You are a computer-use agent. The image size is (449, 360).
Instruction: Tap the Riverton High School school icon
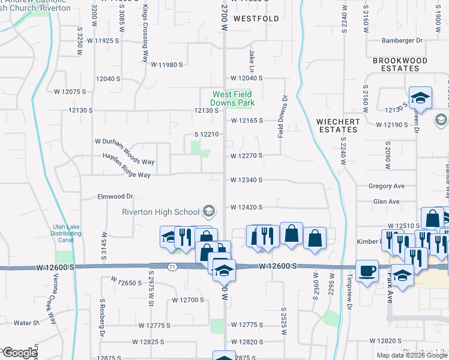pyautogui.click(x=209, y=211)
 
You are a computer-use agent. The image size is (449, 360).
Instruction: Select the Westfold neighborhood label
pyautogui.click(x=256, y=19)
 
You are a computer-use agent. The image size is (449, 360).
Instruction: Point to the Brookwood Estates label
pyautogui.click(x=400, y=64)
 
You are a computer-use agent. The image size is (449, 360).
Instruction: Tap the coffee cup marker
pyautogui.click(x=366, y=271)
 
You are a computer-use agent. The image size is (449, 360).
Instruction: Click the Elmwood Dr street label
pyautogui.click(x=115, y=196)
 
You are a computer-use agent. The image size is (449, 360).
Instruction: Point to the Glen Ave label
pyautogui.click(x=386, y=202)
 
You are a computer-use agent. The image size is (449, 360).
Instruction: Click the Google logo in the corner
pyautogui.click(x=20, y=353)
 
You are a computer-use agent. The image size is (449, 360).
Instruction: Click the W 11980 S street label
pyautogui.click(x=166, y=64)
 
